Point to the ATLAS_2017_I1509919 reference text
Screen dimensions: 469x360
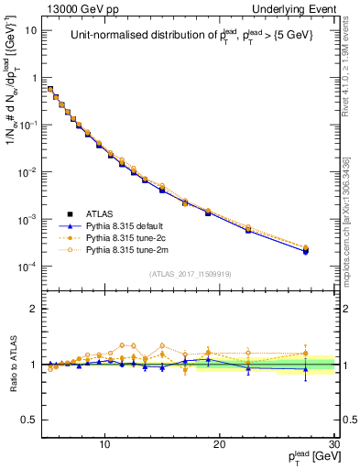pos(190,273)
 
